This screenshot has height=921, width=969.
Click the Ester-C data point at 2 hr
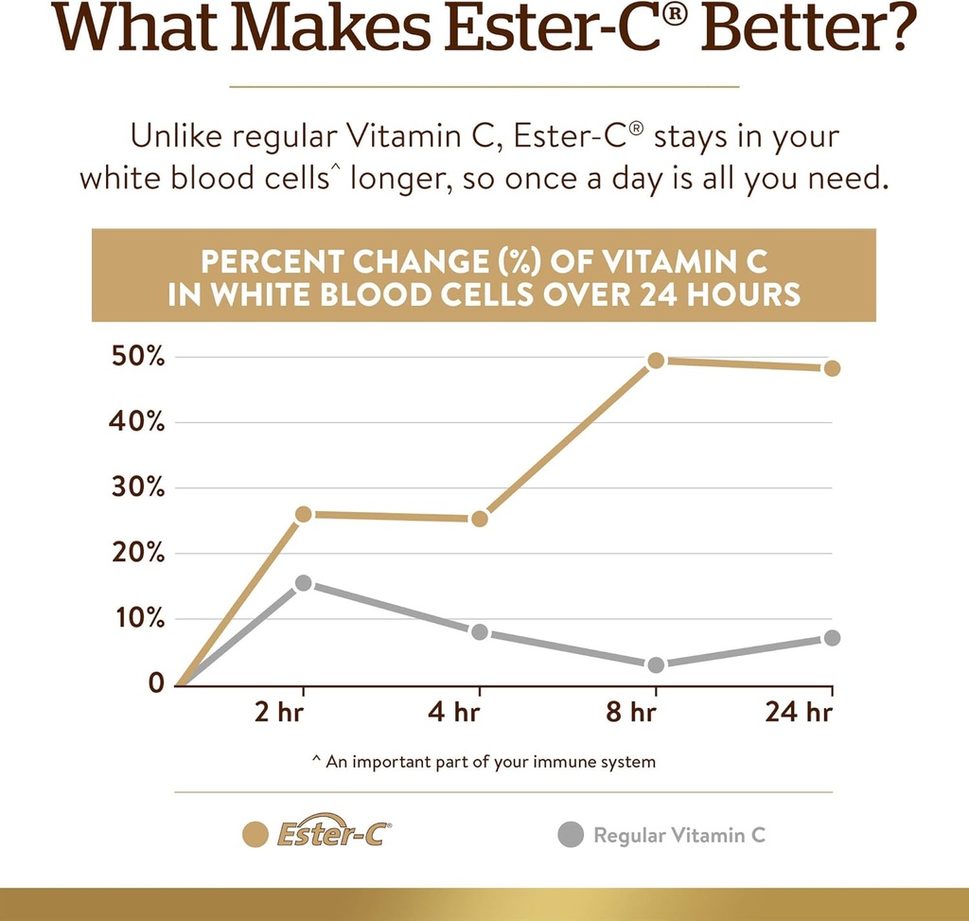tap(303, 514)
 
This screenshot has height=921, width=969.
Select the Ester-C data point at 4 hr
tap(479, 518)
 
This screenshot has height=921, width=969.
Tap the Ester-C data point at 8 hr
tap(656, 360)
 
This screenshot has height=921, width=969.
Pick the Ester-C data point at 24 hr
tap(832, 367)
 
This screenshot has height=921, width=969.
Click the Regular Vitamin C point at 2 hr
tap(303, 583)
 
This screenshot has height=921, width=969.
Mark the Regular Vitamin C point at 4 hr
tap(479, 631)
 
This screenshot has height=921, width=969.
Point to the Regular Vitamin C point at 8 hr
tap(656, 665)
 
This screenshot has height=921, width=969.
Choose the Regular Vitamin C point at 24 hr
tap(832, 638)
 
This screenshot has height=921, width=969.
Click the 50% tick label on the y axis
tap(139, 358)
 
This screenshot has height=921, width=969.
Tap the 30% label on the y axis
tap(139, 488)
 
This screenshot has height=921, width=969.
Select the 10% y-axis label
tap(139, 619)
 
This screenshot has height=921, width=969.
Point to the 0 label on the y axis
tap(156, 683)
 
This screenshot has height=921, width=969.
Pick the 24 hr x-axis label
tap(800, 712)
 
